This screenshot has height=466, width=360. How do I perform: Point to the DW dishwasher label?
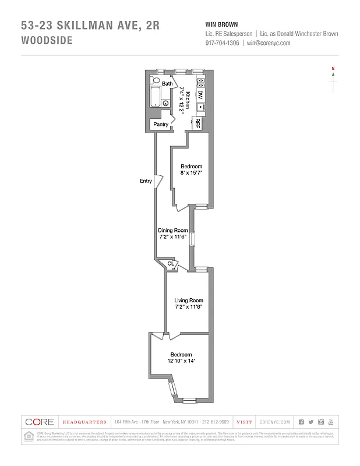(200, 94)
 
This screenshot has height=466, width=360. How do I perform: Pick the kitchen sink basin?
(200, 107)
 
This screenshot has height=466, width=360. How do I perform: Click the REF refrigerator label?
(197, 123)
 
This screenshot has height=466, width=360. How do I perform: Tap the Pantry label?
(161, 124)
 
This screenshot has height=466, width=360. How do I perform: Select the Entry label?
(146, 181)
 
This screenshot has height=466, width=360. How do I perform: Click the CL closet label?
(171, 264)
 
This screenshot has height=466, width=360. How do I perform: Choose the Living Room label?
(188, 301)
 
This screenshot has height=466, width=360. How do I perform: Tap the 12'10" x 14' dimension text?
(181, 361)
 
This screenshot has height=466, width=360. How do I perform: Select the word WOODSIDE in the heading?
(47, 41)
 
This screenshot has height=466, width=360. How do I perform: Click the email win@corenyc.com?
(269, 43)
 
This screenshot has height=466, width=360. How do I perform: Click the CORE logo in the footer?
(40, 422)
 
